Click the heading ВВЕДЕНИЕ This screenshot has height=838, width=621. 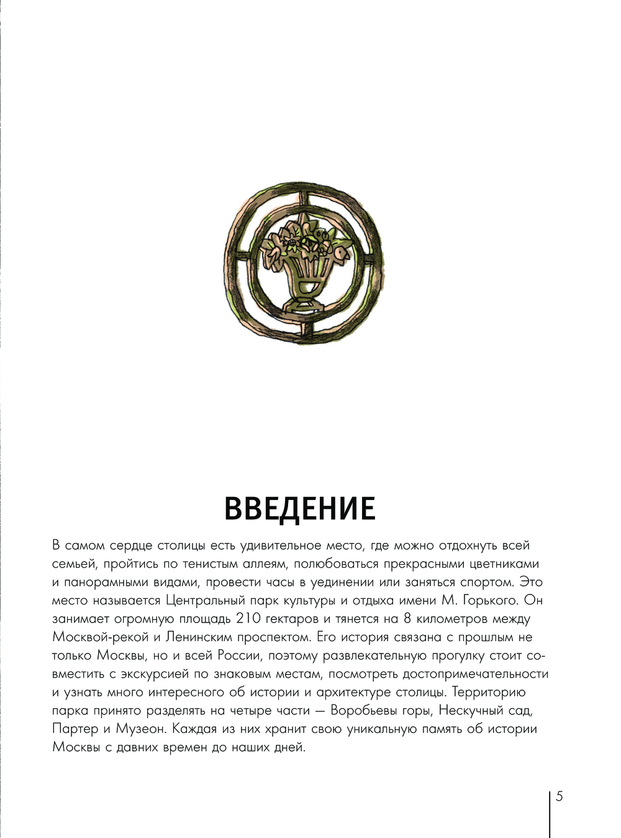pos(299,508)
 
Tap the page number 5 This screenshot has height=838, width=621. pos(560,796)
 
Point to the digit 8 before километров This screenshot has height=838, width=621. pos(407,619)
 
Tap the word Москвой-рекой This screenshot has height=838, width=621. pos(101,637)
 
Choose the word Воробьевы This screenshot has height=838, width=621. pos(366,710)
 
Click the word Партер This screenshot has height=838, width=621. pos(75,729)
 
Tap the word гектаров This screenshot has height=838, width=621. pos(294,619)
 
